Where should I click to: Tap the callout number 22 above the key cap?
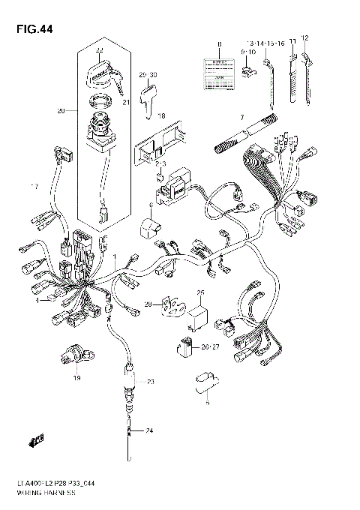(100, 50)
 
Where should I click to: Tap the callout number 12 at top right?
(304, 37)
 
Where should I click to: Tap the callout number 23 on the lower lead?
(150, 382)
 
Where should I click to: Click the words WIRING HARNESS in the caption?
(56, 495)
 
